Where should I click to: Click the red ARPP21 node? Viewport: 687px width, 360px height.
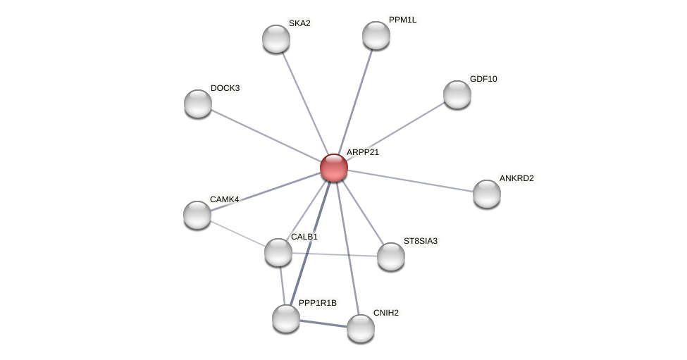(334, 168)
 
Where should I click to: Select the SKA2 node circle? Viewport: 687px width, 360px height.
(276, 39)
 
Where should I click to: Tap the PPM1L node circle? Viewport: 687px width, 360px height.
(376, 35)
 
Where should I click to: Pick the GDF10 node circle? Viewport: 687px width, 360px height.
(457, 94)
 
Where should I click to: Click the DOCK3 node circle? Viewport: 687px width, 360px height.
(198, 104)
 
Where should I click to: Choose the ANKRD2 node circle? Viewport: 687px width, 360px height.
(487, 194)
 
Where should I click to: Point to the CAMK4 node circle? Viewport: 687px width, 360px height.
(197, 215)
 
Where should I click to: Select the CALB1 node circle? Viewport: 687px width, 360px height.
(278, 252)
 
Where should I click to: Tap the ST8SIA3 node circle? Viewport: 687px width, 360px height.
(391, 256)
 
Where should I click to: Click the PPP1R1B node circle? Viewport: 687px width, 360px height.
(286, 318)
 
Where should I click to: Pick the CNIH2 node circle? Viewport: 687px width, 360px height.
(361, 328)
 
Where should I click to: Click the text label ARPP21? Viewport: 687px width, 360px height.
(362, 152)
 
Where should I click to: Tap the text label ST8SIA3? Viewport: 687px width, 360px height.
(420, 241)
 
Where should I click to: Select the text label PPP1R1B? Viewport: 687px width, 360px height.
(317, 303)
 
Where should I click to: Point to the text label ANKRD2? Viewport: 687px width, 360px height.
(516, 178)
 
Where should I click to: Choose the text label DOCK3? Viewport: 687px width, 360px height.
(225, 88)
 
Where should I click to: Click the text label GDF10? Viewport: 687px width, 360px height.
(483, 79)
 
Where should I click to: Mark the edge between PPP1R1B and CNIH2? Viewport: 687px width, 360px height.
(323, 323)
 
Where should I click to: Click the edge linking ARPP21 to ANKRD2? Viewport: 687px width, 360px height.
(410, 180)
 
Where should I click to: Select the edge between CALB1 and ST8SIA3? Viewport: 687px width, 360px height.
(335, 254)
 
